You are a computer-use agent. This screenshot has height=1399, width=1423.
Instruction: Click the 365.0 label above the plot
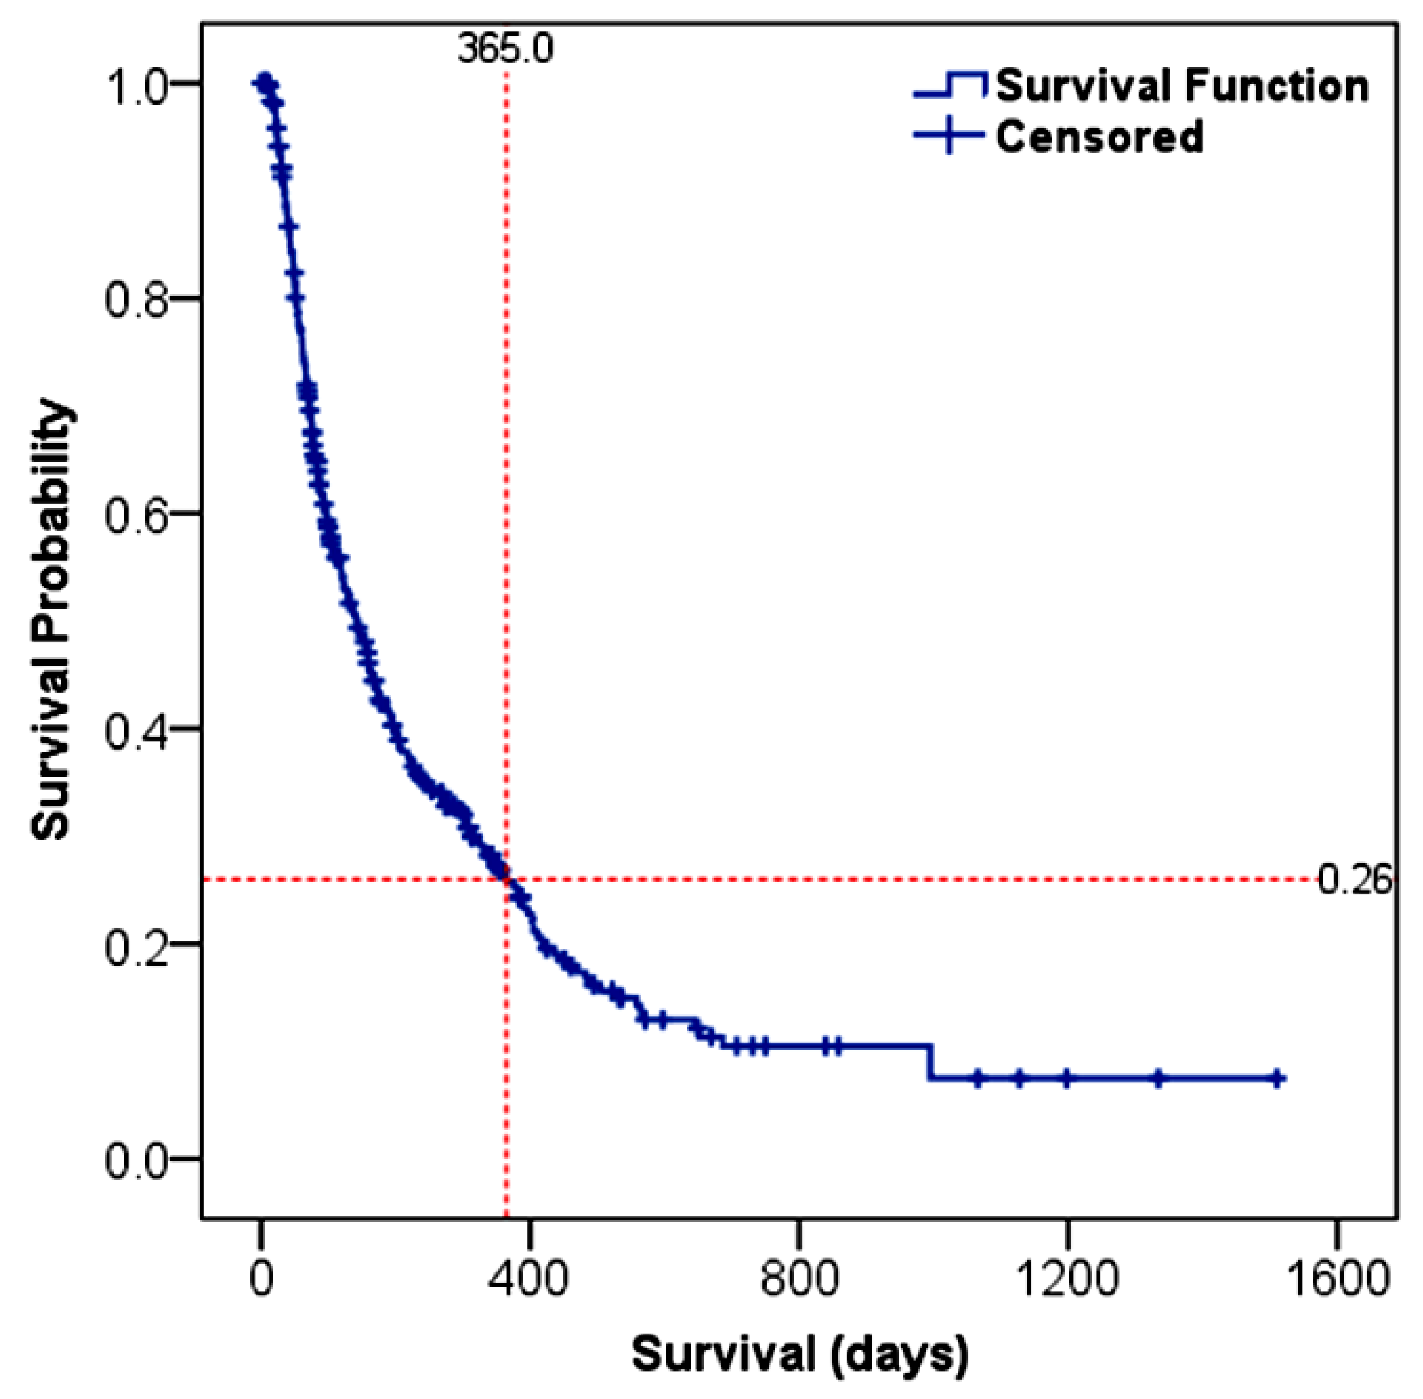click(504, 49)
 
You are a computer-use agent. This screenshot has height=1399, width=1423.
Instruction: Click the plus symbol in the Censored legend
click(949, 135)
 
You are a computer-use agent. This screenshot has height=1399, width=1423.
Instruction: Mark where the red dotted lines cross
click(507, 879)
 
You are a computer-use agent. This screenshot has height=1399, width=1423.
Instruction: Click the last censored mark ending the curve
click(1278, 1078)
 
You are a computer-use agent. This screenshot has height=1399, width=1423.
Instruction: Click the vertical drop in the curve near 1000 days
click(931, 1062)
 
